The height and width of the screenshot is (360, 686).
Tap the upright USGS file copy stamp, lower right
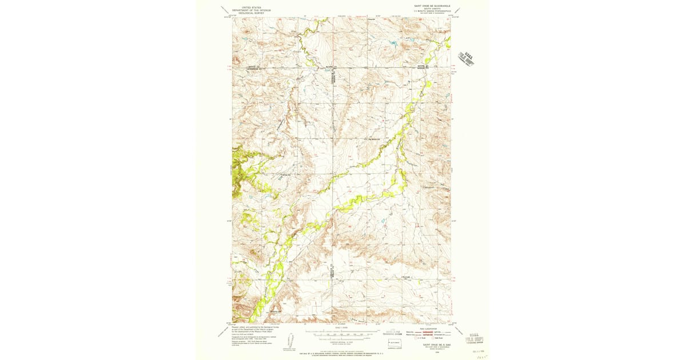(472, 339)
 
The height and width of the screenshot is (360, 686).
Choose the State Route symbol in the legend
(436, 338)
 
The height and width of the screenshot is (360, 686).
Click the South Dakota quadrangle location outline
(395, 344)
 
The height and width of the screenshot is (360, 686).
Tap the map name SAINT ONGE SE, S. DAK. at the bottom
(433, 345)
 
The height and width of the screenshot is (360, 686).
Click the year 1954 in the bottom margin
(433, 353)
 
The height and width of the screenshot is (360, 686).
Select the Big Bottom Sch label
(375, 138)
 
